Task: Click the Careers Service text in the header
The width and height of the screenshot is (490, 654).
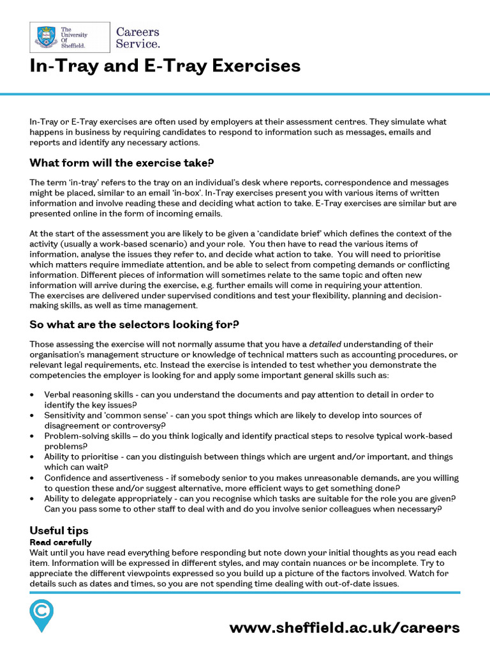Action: (x=137, y=38)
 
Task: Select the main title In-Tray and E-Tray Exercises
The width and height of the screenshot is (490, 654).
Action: (x=165, y=66)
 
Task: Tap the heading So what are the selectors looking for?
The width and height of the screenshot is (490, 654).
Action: (x=134, y=324)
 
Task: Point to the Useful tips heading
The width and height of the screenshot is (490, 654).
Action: (x=59, y=531)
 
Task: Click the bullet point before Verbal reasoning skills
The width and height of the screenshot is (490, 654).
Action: (x=33, y=395)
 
